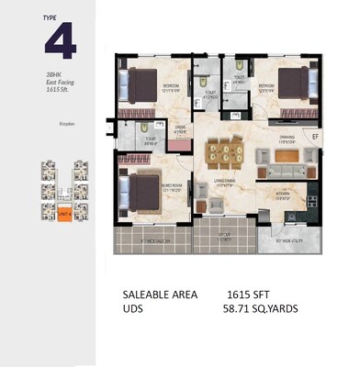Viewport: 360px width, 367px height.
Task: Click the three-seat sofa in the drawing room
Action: pyautogui.click(x=287, y=170)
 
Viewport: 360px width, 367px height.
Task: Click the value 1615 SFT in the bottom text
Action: pyautogui.click(x=248, y=295)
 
